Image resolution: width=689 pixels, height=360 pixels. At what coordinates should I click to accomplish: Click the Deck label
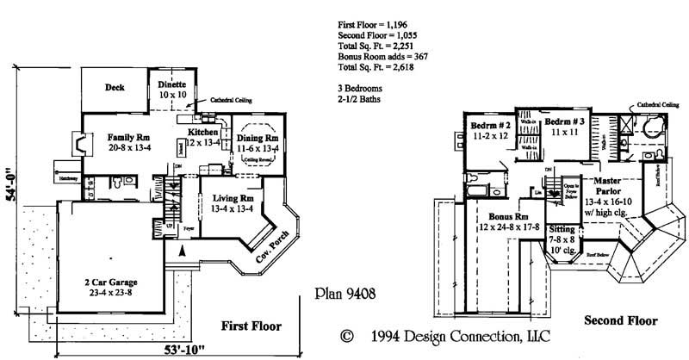pyautogui.click(x=115, y=87)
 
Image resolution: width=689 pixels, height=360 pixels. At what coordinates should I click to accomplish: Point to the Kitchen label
pyautogui.click(x=203, y=132)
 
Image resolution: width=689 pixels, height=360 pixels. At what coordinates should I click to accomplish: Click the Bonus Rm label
pyautogui.click(x=506, y=217)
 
